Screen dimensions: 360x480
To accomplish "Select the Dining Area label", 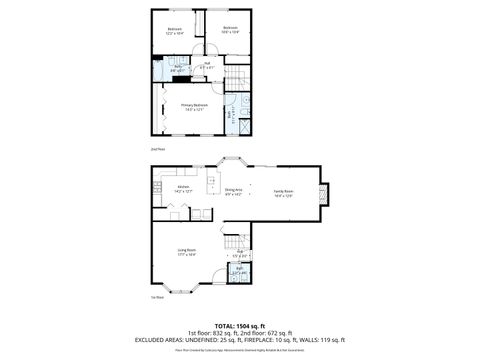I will pos(233,192).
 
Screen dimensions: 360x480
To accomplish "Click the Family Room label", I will pos(283,192).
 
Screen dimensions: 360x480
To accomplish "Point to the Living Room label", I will pos(186,252).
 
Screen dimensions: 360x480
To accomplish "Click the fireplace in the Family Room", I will pos(322,193).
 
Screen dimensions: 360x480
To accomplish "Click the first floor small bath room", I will pos(241,272).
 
